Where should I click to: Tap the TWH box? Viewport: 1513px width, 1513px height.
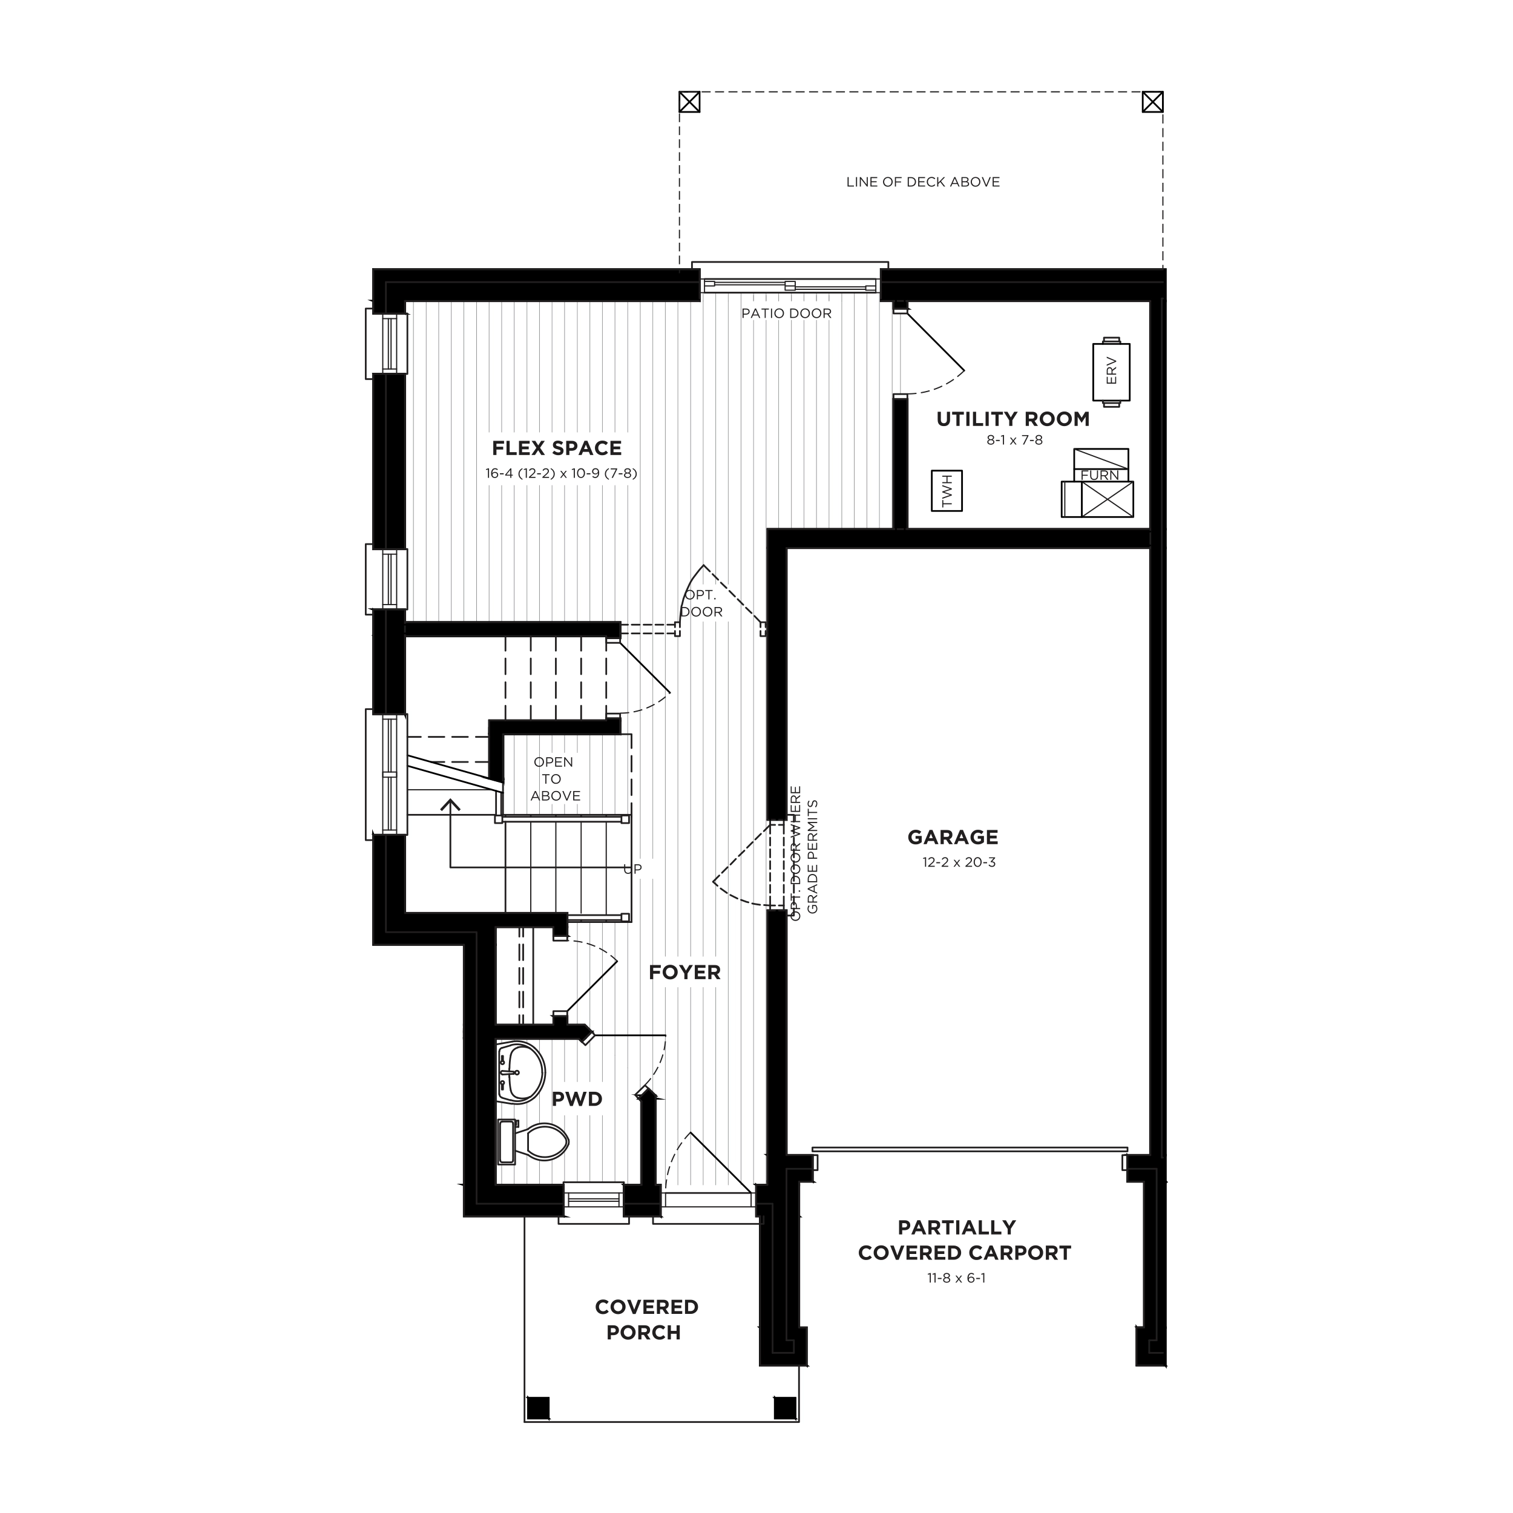947,491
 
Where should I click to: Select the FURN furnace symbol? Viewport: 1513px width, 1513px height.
1098,482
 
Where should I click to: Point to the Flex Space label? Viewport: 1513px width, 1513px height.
557,448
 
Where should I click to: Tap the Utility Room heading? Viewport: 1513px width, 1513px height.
1013,419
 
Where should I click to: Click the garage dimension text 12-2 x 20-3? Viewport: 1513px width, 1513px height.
959,862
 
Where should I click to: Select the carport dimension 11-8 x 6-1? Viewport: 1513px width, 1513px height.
957,1278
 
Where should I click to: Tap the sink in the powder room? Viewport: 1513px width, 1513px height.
521,1071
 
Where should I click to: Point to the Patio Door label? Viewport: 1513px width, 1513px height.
786,313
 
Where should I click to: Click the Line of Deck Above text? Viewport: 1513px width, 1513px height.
924,182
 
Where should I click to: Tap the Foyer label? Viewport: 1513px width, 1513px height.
684,972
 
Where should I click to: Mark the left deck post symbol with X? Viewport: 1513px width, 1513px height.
689,102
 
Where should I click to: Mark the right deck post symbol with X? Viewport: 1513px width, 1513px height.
1153,102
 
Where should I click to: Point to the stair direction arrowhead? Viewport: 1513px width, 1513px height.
450,804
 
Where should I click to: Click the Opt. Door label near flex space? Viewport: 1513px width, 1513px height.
701,604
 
